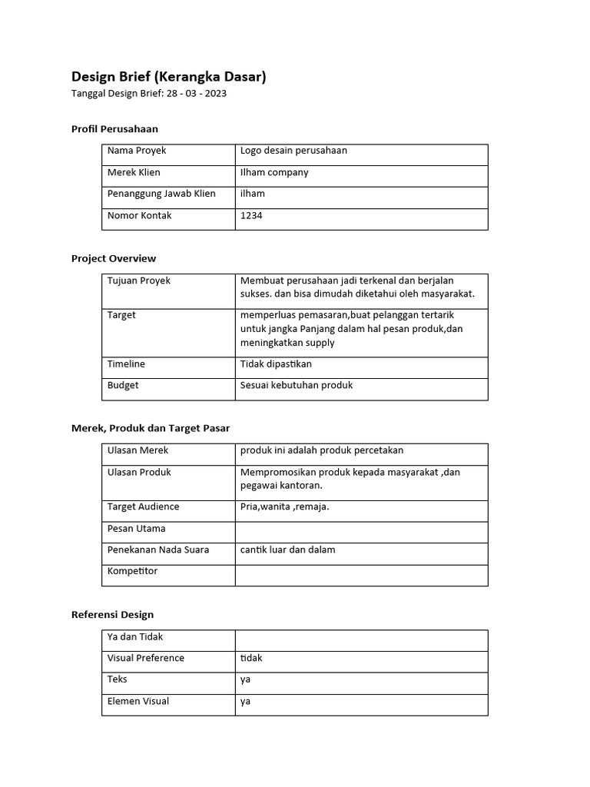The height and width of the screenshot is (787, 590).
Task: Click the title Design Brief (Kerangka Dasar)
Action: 169,76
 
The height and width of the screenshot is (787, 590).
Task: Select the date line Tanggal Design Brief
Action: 148,94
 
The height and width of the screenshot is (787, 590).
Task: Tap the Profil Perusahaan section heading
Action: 114,128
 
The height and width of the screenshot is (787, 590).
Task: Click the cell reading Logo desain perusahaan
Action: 293,151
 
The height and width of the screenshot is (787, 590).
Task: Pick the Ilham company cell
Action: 274,172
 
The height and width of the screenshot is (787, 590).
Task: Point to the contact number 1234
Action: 251,215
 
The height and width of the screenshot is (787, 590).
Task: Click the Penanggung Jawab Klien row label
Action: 161,194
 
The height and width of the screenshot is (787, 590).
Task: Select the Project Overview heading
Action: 114,258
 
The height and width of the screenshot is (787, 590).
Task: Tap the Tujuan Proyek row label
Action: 139,281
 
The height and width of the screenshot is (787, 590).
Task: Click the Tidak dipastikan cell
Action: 276,364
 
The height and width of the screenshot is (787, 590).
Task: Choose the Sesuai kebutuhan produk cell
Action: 297,385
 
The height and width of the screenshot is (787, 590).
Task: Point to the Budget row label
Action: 123,385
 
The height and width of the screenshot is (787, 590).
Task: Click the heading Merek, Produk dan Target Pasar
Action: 151,427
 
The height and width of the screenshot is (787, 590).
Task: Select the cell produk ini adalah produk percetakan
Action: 322,450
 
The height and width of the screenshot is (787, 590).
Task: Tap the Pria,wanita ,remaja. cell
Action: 284,506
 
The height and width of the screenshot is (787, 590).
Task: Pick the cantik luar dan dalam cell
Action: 287,550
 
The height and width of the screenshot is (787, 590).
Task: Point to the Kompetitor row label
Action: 132,571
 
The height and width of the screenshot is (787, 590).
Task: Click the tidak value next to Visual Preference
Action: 251,658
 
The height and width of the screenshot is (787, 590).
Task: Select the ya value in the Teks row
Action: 246,679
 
